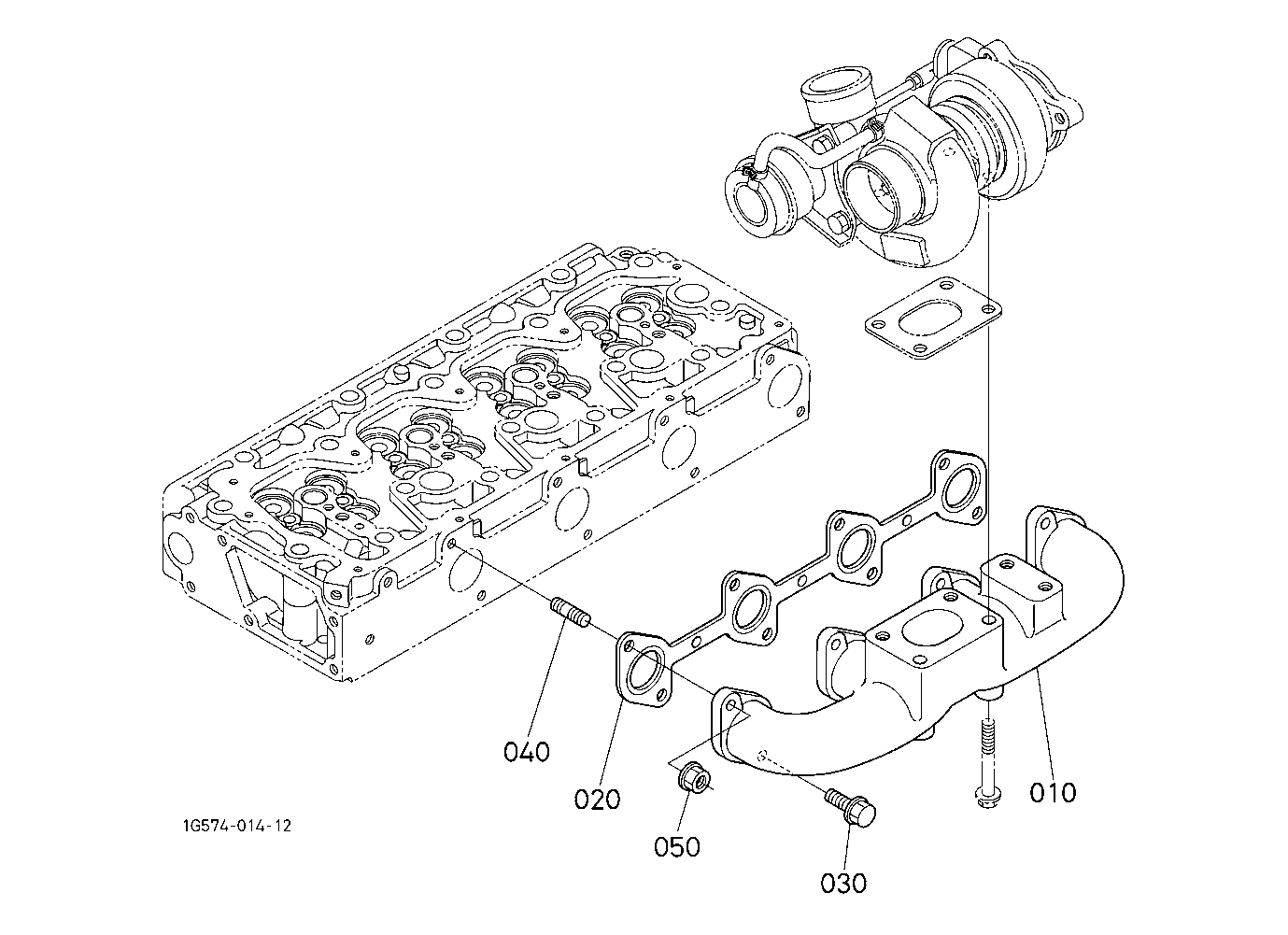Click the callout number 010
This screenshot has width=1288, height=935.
(1053, 792)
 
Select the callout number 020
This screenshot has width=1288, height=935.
(598, 800)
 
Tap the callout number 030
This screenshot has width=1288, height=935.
(843, 884)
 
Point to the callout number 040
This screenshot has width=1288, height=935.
(527, 752)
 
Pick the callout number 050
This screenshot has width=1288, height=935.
(677, 846)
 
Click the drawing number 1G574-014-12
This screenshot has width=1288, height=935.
(237, 827)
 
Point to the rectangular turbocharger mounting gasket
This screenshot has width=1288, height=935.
(934, 318)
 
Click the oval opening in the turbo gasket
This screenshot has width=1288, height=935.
(934, 319)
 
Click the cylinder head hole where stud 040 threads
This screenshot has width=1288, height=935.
(452, 544)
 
